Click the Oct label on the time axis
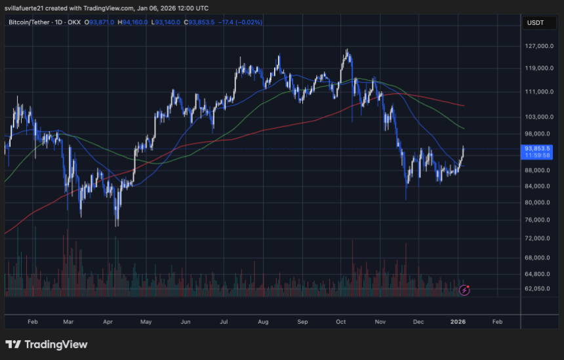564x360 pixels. click(x=340, y=322)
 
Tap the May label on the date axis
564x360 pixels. click(x=146, y=322)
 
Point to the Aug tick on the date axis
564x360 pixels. click(x=263, y=322)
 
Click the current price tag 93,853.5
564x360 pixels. click(x=536, y=149)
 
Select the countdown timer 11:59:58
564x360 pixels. click(x=536, y=156)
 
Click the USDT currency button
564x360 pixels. click(x=535, y=22)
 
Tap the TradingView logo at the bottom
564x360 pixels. click(x=46, y=344)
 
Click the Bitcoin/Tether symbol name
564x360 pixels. click(x=28, y=22)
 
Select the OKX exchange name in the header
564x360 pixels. click(x=74, y=22)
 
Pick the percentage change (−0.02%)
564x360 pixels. click(x=249, y=22)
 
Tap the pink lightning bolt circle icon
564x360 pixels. click(x=464, y=289)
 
